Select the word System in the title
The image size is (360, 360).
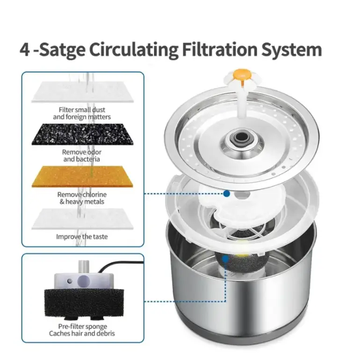pos(292,50)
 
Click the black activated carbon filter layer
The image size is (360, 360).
pos(82,134)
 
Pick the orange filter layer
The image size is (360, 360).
pos(82,177)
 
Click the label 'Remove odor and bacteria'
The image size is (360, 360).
pos(82,156)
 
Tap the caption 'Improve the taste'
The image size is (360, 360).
pos(82,237)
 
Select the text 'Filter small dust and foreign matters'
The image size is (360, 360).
pos(82,114)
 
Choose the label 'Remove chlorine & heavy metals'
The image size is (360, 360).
pos(82,198)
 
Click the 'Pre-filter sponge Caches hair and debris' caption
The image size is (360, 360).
pos(82,330)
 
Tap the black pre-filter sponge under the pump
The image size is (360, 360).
pos(84,303)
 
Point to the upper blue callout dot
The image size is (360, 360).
pos(227,194)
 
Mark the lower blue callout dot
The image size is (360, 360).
pos(225,259)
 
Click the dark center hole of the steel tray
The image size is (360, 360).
pos(240,137)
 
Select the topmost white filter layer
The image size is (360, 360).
pos(82,92)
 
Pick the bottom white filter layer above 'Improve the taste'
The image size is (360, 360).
pos(82,219)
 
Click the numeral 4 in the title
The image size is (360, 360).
pos(25,50)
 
